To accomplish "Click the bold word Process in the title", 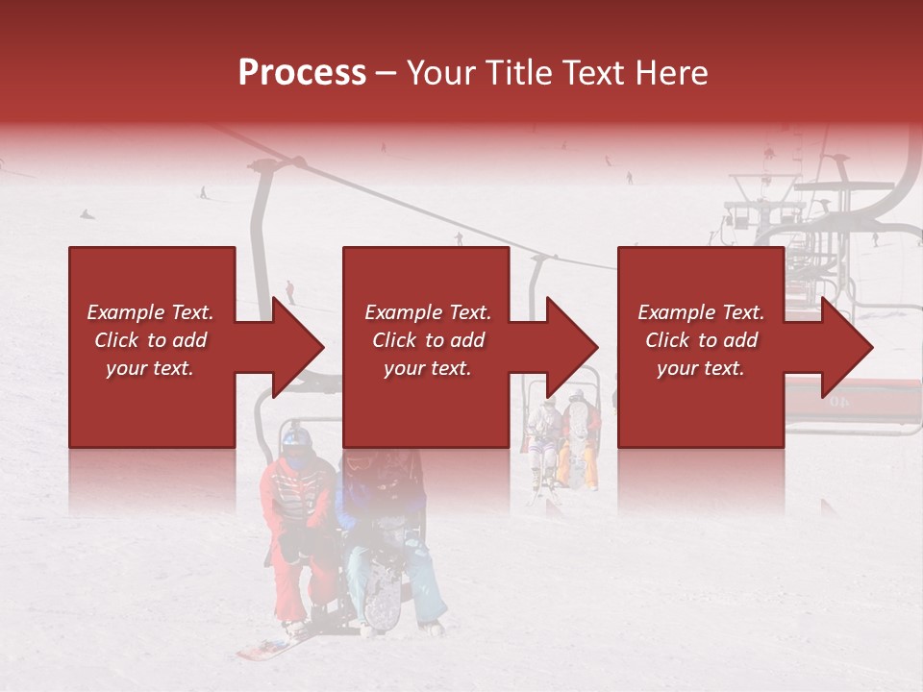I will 302,72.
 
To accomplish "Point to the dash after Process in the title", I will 387,73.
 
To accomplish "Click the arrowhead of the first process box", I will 299,348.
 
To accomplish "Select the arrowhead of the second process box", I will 573,348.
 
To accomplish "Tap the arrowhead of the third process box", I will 847,348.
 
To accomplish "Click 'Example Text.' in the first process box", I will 150,312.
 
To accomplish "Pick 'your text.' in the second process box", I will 427,368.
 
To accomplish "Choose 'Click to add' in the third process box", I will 701,340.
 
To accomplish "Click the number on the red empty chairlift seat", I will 838,401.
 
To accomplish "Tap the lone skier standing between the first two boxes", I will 289,290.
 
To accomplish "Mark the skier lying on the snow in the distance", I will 87,213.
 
